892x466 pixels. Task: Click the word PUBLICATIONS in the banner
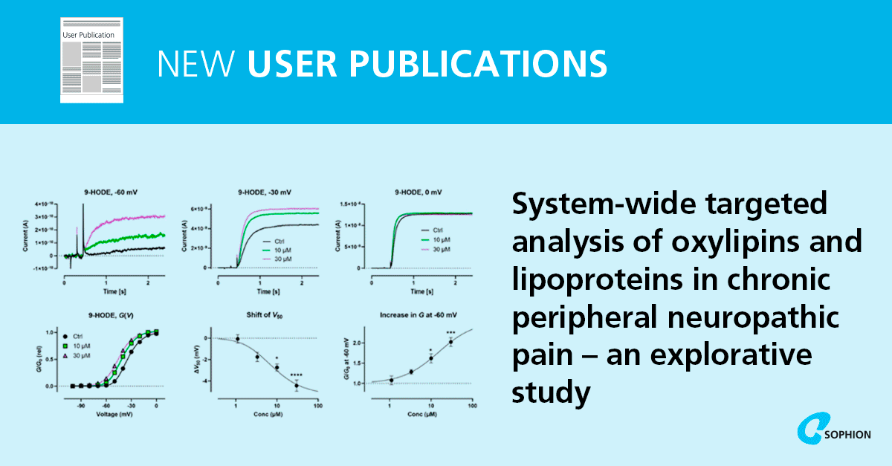[x=427, y=64]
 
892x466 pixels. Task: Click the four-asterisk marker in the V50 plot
[x=297, y=374]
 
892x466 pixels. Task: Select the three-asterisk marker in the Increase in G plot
[x=450, y=333]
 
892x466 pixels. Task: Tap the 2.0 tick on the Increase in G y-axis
[x=358, y=343]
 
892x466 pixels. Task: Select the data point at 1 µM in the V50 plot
[x=237, y=339]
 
